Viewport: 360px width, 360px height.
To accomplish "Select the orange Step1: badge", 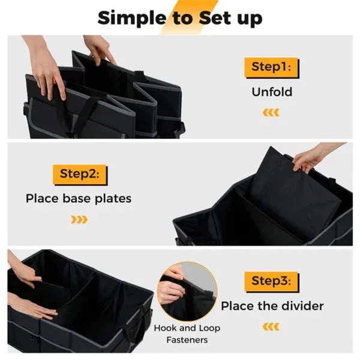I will point(271,68).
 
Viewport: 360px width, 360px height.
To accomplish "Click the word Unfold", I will point(271,92).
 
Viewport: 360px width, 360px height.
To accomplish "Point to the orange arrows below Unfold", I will point(272,112).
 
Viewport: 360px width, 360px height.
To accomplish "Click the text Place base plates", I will point(79,198).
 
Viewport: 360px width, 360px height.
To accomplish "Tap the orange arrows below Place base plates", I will point(79,219).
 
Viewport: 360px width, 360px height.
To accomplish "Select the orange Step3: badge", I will point(271,281).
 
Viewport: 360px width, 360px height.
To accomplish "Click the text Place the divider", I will point(272,306).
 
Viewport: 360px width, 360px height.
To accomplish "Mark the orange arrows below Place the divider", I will point(272,326).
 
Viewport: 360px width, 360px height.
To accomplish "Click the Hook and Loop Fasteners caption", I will point(187,334).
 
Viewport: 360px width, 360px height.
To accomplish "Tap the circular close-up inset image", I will point(187,290).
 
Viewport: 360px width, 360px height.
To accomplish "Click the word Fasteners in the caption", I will point(187,340).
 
